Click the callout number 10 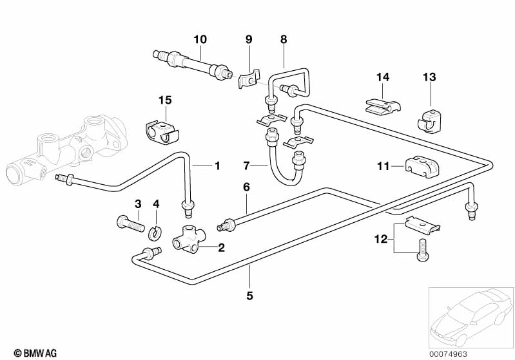point(200,39)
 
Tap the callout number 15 point(165,100)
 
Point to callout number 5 point(249,296)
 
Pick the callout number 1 point(217,166)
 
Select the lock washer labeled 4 point(155,231)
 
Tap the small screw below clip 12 point(422,249)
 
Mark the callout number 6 point(246,187)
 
